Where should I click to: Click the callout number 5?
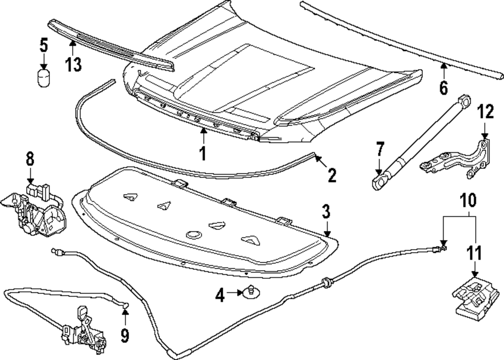pyautogui.click(x=44, y=45)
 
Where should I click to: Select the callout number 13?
pyautogui.click(x=73, y=65)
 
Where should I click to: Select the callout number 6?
pyautogui.click(x=443, y=87)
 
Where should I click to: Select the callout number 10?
pyautogui.click(x=467, y=201)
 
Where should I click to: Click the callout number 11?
pyautogui.click(x=473, y=253)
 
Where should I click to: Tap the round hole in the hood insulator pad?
pyautogui.click(x=194, y=234)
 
